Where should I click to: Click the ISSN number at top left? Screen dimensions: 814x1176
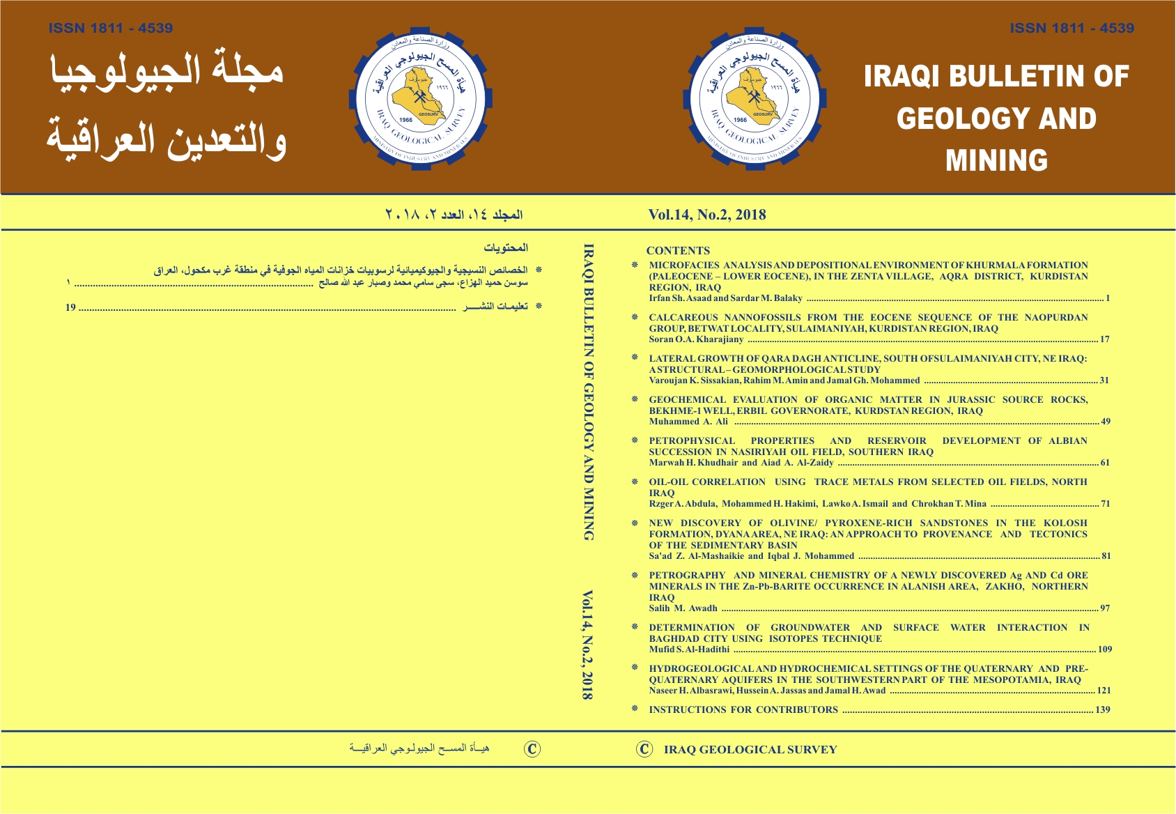(111, 29)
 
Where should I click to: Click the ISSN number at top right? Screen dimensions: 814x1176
(1071, 29)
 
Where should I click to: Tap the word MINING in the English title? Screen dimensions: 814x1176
(996, 160)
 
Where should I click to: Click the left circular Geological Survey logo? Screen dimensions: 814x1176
(420, 98)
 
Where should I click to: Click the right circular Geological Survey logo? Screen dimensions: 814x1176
(755, 98)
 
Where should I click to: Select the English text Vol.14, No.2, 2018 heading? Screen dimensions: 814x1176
(706, 215)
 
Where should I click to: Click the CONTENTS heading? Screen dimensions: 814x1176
(678, 251)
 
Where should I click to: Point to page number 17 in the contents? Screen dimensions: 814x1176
(1104, 339)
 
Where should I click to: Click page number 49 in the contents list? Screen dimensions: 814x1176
(1105, 422)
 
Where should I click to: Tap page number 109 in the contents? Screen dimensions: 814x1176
(1104, 650)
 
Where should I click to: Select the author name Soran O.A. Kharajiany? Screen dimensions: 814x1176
(696, 339)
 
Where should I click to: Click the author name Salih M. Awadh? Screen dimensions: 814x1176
(683, 608)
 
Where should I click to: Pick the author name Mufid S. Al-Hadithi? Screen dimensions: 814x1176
(689, 650)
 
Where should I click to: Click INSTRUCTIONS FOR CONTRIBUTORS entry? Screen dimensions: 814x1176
(743, 710)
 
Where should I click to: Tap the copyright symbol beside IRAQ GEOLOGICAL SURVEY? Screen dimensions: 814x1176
(644, 749)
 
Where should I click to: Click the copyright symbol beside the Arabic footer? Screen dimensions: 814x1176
(532, 749)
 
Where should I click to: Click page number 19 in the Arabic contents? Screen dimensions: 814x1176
(70, 307)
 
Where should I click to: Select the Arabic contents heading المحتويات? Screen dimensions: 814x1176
(506, 248)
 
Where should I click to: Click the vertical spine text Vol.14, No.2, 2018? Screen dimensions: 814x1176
(587, 645)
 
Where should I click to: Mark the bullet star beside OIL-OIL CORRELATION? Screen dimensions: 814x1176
(635, 482)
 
